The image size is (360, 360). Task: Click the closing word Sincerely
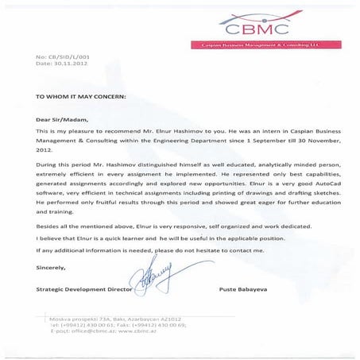52,269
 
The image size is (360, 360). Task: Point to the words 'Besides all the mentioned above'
80,226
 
